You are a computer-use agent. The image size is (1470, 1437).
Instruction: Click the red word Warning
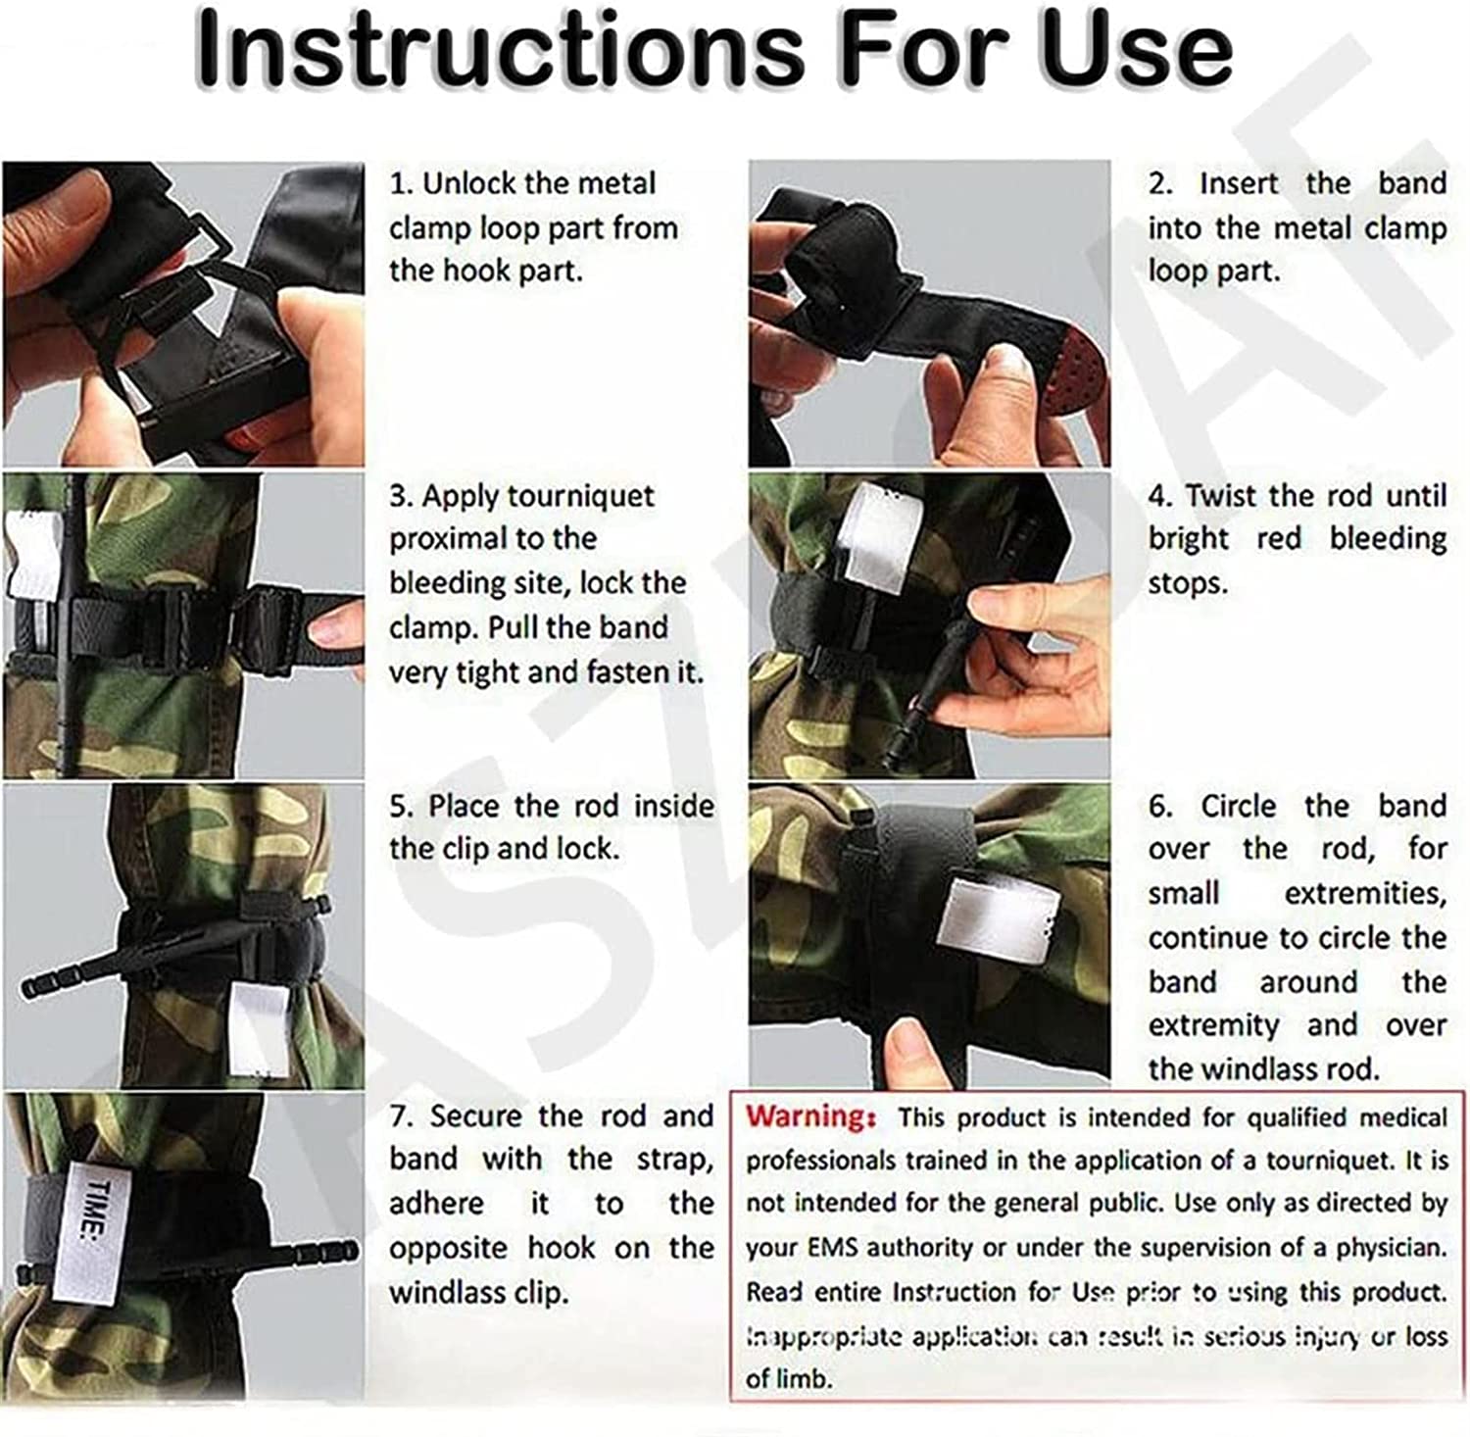tap(809, 1116)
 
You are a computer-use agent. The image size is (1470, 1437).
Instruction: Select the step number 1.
tap(399, 184)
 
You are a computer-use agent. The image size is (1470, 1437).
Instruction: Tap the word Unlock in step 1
tap(468, 184)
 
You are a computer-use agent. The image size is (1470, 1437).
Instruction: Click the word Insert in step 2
tap(1239, 184)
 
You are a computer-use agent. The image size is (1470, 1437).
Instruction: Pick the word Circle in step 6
tap(1238, 807)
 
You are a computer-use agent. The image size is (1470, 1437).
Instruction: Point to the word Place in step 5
tap(465, 807)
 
